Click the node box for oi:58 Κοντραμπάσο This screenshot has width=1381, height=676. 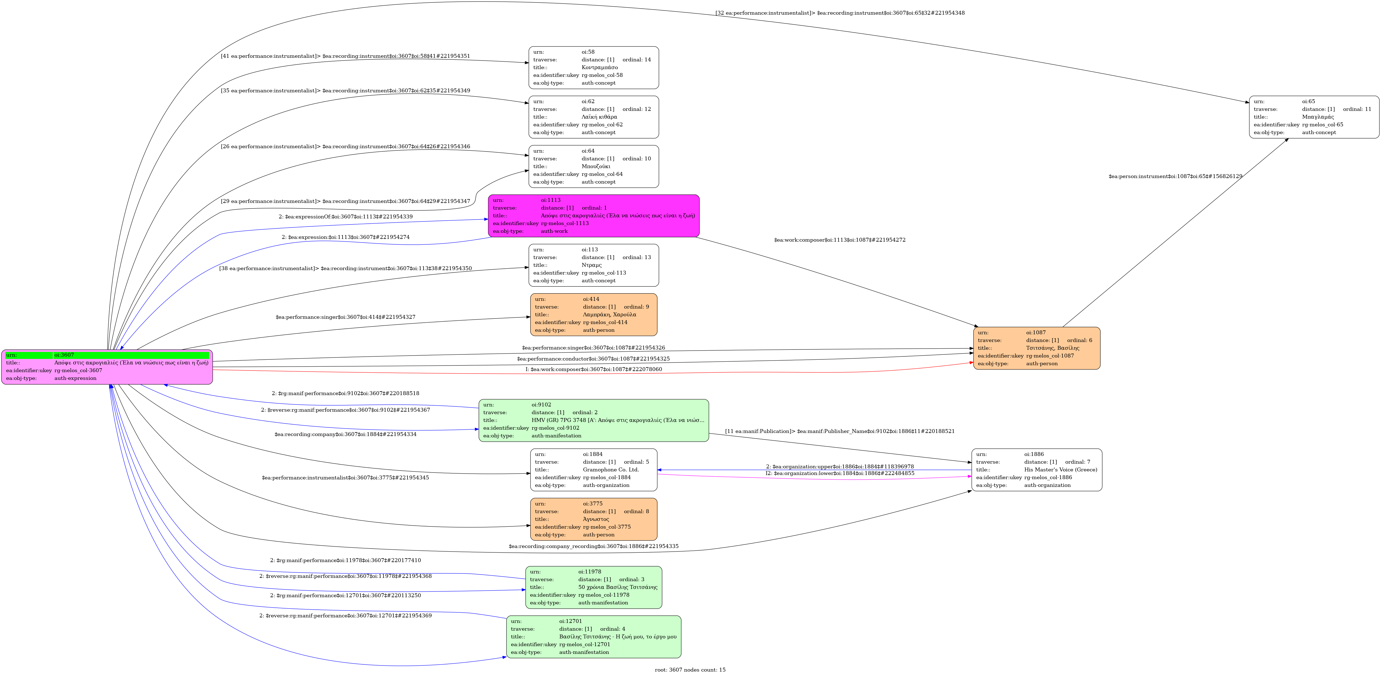point(594,67)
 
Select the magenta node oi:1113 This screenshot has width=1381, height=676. point(594,215)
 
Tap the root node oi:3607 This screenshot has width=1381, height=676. point(107,367)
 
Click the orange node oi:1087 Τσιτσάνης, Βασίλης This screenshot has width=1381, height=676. point(1037,348)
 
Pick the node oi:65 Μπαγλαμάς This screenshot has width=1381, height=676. point(1314,117)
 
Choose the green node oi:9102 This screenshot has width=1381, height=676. point(594,420)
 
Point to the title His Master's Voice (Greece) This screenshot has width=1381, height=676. point(1060,470)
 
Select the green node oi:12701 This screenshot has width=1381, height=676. point(594,637)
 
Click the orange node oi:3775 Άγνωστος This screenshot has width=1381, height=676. point(594,519)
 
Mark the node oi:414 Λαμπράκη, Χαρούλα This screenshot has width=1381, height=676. point(594,315)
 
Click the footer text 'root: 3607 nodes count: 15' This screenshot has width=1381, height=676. point(690,670)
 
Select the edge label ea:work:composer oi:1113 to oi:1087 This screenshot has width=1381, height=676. point(840,240)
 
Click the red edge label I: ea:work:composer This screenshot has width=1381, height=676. point(594,369)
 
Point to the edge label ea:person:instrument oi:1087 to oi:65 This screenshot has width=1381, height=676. point(1175,176)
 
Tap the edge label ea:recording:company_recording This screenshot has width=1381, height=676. point(594,546)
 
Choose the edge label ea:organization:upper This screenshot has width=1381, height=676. point(840,466)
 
